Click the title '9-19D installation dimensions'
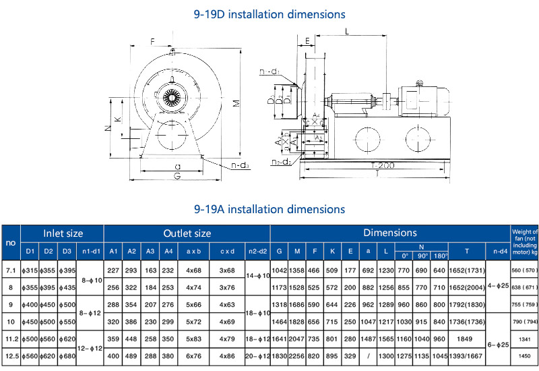(x=269, y=13)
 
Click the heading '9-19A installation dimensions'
(x=269, y=209)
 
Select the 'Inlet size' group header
(x=63, y=233)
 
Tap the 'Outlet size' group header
(x=187, y=233)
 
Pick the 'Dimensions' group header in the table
(x=390, y=233)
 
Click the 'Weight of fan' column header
(x=525, y=242)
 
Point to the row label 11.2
(x=10, y=339)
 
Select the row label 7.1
(x=10, y=269)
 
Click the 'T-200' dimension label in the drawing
(x=383, y=165)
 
